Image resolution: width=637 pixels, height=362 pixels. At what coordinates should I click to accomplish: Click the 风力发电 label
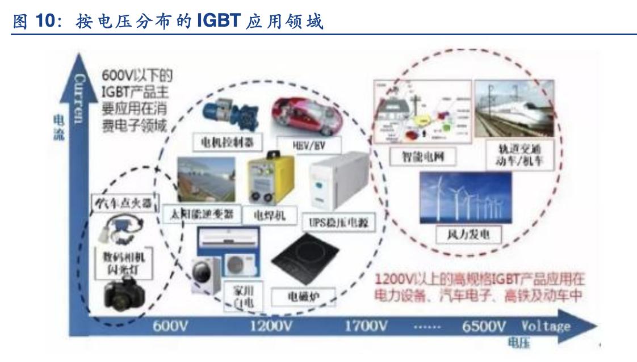464,233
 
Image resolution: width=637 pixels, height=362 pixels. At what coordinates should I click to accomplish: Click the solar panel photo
207,180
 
